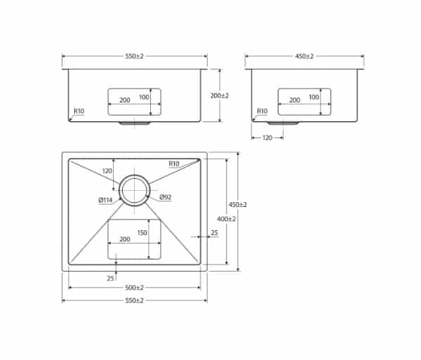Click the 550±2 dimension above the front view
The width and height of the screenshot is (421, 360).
pyautogui.click(x=134, y=55)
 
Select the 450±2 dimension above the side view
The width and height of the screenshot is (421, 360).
pyautogui.click(x=304, y=55)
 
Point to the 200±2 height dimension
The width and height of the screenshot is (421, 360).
pyautogui.click(x=220, y=95)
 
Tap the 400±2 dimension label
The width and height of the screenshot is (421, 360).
pyautogui.click(x=227, y=218)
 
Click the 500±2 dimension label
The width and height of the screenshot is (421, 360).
pyautogui.click(x=134, y=288)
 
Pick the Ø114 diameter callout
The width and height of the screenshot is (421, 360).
pyautogui.click(x=106, y=201)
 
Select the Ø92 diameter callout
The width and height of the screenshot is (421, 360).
pyautogui.click(x=166, y=197)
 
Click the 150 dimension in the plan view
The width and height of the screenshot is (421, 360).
pyautogui.click(x=142, y=232)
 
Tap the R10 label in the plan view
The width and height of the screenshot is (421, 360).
pyautogui.click(x=174, y=164)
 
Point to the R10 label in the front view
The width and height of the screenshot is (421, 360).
pyautogui.click(x=79, y=111)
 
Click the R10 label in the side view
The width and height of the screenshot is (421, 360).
pyautogui.click(x=262, y=111)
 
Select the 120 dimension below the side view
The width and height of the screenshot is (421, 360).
pyautogui.click(x=267, y=138)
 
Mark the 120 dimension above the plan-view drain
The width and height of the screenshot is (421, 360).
pyautogui.click(x=107, y=171)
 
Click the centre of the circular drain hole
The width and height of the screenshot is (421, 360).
pyautogui.click(x=134, y=189)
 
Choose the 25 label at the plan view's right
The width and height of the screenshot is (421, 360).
pyautogui.click(x=214, y=232)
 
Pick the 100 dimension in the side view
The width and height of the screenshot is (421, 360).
pyautogui.click(x=314, y=97)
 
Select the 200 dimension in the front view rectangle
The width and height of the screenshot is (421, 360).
pyautogui.click(x=124, y=100)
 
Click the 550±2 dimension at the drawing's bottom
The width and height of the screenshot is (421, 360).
pyautogui.click(x=134, y=300)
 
